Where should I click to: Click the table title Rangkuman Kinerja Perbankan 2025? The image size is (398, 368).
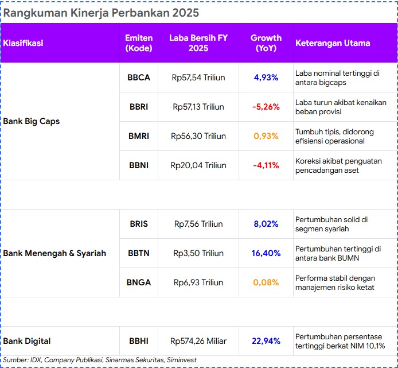click(102, 13)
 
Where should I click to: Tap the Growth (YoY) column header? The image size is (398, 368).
click(266, 43)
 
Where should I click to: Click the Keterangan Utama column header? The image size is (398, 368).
click(333, 43)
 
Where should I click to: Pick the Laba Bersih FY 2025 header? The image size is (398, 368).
click(198, 43)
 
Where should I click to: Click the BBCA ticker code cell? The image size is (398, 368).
click(139, 78)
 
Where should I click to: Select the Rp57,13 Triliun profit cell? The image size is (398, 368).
click(198, 107)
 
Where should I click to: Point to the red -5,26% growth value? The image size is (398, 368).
click(266, 107)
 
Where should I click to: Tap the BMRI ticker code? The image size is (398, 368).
click(139, 136)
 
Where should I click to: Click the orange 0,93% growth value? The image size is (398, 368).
click(266, 136)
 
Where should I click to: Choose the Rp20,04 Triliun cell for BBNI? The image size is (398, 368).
click(198, 165)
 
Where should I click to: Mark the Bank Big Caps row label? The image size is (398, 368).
click(32, 121)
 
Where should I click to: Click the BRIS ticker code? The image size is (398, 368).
click(139, 224)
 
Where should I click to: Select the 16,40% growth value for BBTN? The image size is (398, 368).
click(266, 253)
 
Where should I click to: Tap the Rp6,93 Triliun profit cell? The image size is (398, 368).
click(198, 282)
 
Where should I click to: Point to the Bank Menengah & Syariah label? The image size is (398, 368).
click(54, 253)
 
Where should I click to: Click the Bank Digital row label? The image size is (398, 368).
click(26, 341)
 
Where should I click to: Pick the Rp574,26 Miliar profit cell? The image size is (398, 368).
click(198, 341)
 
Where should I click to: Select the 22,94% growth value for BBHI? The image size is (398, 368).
click(266, 341)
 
